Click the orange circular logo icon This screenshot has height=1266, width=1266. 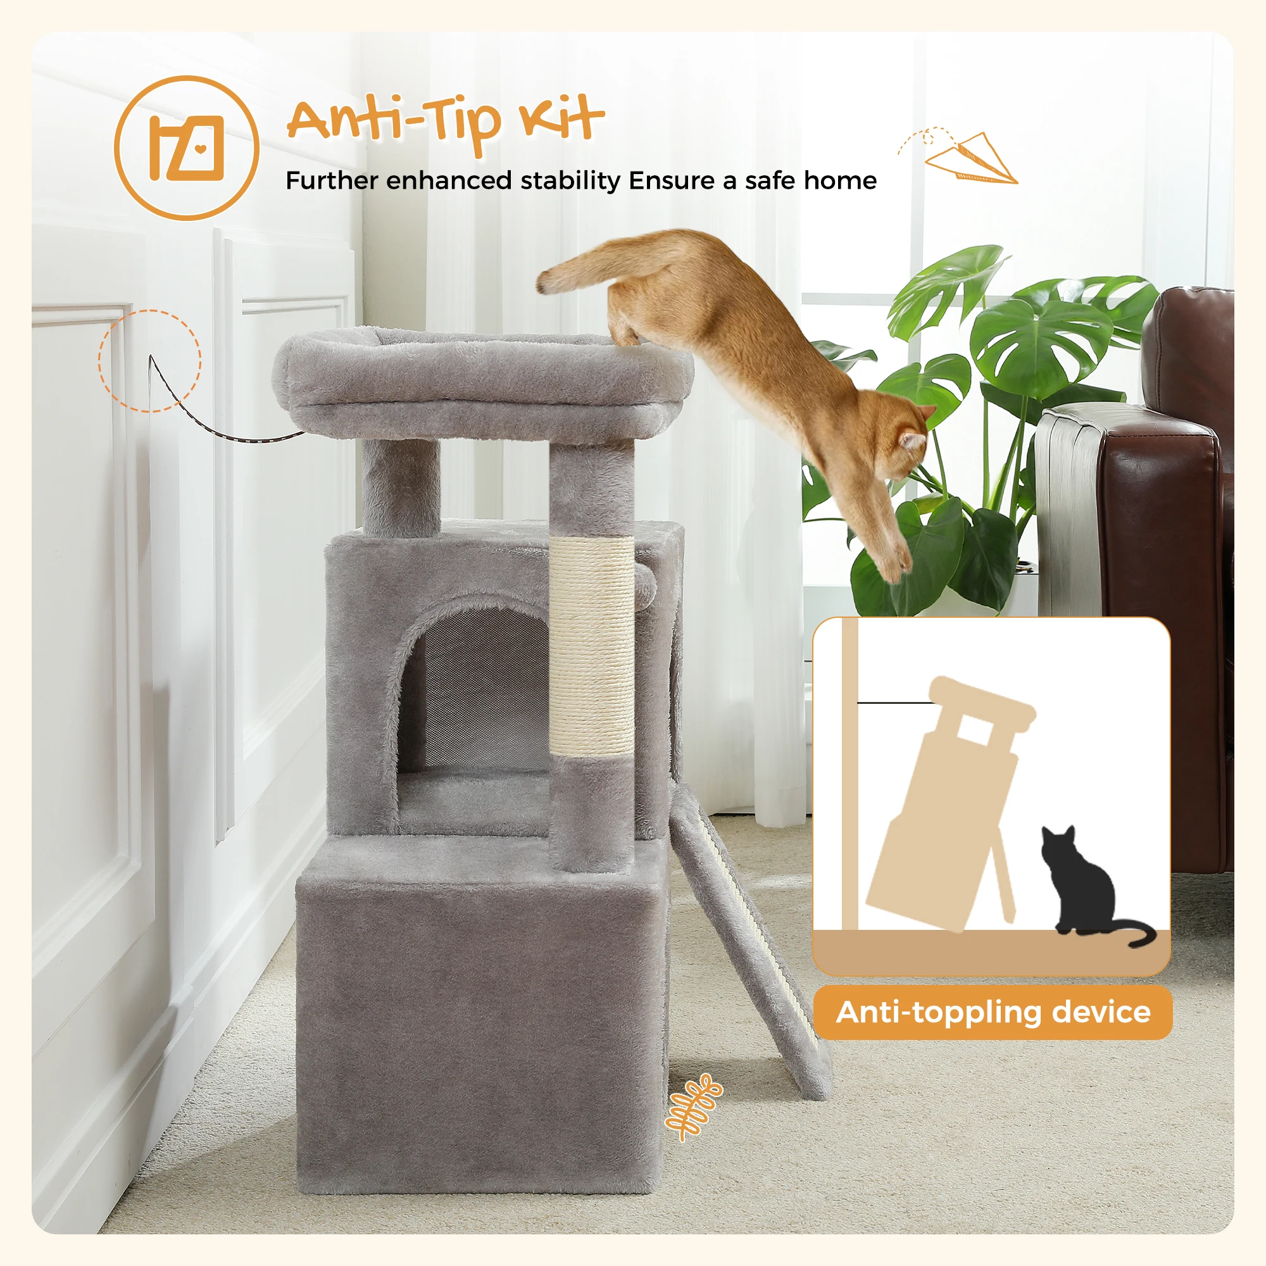(187, 148)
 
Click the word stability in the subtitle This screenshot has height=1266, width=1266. (570, 180)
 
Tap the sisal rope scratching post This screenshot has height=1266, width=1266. (591, 646)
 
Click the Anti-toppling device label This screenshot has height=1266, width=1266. (993, 1012)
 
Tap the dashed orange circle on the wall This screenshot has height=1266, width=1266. (150, 360)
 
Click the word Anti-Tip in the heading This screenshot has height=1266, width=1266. (393, 122)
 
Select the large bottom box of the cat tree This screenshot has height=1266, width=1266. (479, 1022)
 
